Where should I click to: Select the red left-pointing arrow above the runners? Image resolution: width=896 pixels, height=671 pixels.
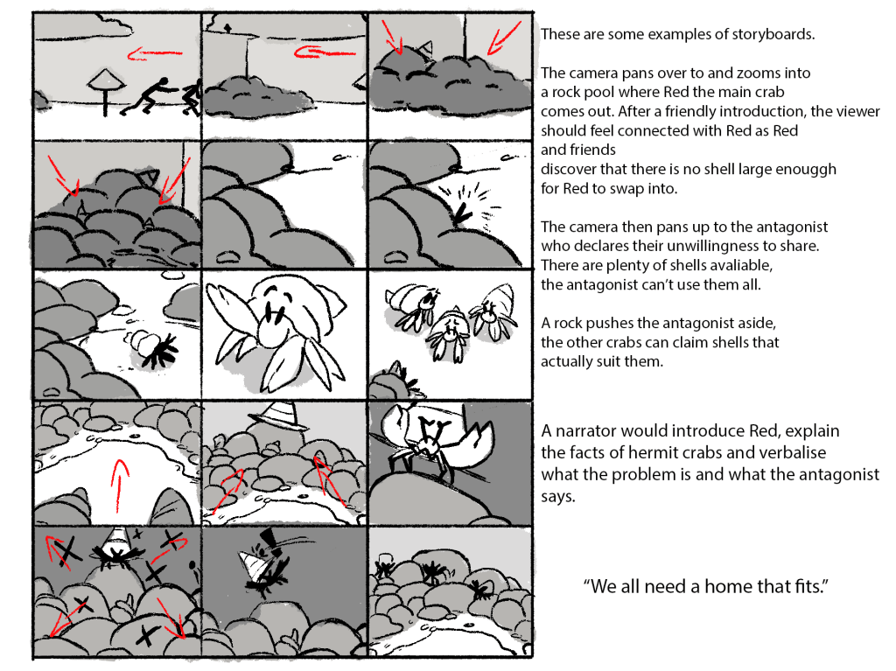tap(154, 54)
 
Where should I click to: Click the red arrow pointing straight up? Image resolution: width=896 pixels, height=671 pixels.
tap(119, 486)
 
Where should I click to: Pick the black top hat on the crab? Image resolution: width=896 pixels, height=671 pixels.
tap(268, 541)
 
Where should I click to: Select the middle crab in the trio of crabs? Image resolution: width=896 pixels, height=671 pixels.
tap(449, 335)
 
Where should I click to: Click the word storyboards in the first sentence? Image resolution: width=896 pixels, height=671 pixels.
tap(773, 34)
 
